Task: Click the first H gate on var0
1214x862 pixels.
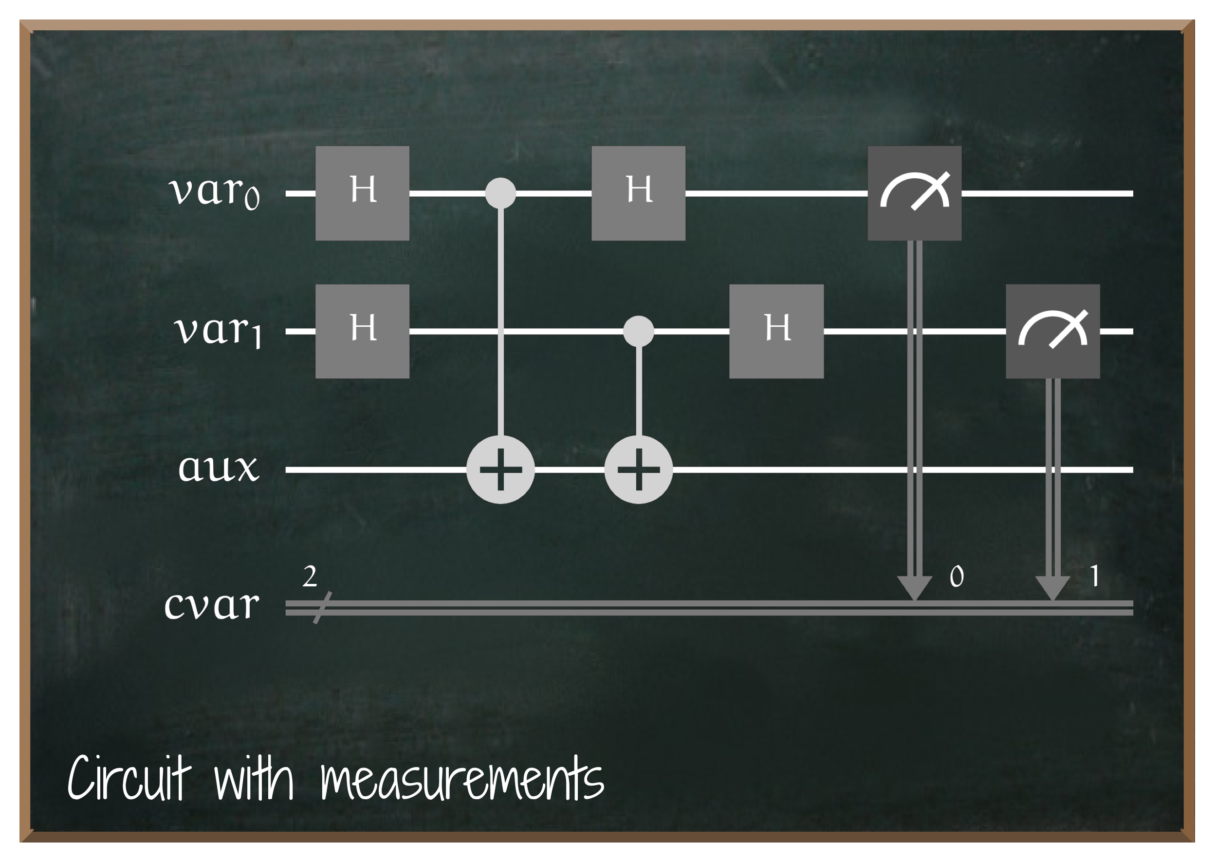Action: click(362, 193)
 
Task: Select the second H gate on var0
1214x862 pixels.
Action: click(638, 193)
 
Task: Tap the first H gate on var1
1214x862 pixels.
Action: click(362, 331)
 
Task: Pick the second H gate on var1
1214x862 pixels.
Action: click(776, 331)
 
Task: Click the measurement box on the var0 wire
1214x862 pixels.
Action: click(914, 193)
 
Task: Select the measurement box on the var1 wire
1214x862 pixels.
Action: click(1053, 331)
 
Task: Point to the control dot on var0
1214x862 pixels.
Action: click(500, 193)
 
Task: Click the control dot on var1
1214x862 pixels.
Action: click(638, 331)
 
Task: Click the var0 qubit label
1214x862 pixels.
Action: click(215, 192)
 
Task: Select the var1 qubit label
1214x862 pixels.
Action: click(218, 331)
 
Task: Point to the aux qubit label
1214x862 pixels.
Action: click(219, 468)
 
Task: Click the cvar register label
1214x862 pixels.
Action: click(212, 605)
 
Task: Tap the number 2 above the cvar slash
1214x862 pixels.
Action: click(310, 577)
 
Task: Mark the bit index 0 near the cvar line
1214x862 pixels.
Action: click(956, 577)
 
